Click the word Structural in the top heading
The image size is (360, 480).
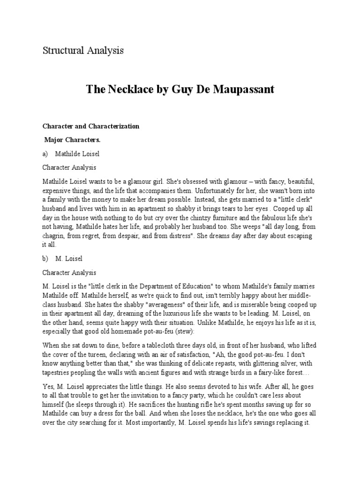[x=61, y=51]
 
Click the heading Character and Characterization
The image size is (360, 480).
[x=91, y=127]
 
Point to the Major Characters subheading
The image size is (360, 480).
[x=73, y=140]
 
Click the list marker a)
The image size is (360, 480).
[x=45, y=153]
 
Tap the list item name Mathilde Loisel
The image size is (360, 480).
[x=77, y=153]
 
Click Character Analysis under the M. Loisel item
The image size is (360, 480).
[x=69, y=272]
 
